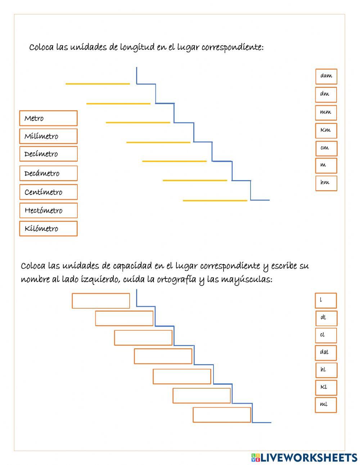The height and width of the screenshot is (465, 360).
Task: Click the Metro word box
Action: [48, 118]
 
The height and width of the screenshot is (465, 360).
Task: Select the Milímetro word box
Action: [48, 136]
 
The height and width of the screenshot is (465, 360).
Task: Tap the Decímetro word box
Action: [48, 154]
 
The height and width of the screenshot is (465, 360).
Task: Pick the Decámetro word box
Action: [48, 173]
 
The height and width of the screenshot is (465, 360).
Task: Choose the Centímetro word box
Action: [48, 192]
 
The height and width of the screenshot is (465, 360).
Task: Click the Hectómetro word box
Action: [48, 210]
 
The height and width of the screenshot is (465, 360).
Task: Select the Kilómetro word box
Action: [48, 228]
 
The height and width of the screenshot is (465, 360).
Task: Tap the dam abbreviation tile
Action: [326, 76]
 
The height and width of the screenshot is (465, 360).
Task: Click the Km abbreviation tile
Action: [326, 130]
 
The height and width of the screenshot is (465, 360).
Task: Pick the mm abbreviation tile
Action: [326, 112]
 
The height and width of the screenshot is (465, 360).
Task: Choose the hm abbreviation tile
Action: [326, 183]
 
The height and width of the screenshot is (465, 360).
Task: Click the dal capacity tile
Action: [326, 353]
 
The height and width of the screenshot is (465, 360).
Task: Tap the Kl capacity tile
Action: [326, 388]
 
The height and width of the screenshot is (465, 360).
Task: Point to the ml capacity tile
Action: [326, 405]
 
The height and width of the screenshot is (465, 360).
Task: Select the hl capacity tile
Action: [326, 370]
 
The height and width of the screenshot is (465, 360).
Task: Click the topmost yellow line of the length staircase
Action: [98, 84]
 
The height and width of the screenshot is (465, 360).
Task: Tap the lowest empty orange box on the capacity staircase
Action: [222, 415]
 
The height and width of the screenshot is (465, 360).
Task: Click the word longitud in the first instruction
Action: [137, 48]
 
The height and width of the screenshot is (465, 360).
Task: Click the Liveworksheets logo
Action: [304, 457]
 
